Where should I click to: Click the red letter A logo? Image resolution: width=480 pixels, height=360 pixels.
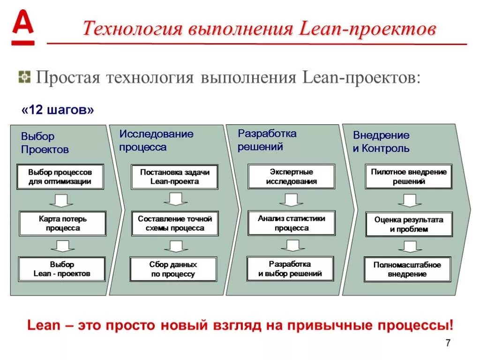pyautogui.click(x=23, y=28)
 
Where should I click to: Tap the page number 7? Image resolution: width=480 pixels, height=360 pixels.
pyautogui.click(x=448, y=343)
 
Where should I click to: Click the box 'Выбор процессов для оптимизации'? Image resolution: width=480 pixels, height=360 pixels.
pyautogui.click(x=60, y=177)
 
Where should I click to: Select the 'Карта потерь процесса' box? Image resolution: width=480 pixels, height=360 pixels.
pyautogui.click(x=62, y=224)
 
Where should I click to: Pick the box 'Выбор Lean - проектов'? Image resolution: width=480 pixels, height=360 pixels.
pyautogui.click(x=62, y=269)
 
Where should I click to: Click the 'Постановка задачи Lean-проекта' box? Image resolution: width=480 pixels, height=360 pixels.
pyautogui.click(x=175, y=177)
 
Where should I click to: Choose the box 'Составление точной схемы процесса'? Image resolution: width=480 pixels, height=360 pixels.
pyautogui.click(x=175, y=224)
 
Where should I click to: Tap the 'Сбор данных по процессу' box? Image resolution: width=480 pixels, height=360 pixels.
pyautogui.click(x=173, y=270)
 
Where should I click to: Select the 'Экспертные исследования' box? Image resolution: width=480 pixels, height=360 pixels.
pyautogui.click(x=291, y=177)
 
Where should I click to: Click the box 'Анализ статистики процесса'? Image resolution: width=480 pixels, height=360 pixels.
pyautogui.click(x=291, y=223)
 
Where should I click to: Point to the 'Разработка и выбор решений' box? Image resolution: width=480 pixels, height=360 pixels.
pyautogui.click(x=290, y=269)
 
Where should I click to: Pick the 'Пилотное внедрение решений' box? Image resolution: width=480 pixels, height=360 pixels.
pyautogui.click(x=409, y=177)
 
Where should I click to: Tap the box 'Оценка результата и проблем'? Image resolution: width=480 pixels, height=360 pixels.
pyautogui.click(x=409, y=225)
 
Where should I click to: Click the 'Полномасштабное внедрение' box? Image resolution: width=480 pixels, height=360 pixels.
pyautogui.click(x=407, y=270)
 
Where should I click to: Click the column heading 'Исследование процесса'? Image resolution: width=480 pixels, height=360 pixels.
pyautogui.click(x=156, y=140)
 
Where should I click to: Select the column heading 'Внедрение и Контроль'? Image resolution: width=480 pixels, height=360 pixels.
pyautogui.click(x=381, y=142)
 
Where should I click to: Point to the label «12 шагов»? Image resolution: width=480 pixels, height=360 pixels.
pyautogui.click(x=58, y=110)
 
